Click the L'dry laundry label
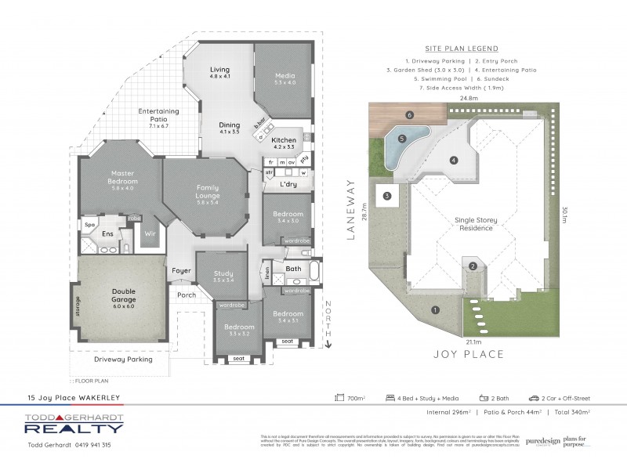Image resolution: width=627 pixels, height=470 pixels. click(x=288, y=184)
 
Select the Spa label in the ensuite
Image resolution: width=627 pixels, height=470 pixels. click(x=90, y=224)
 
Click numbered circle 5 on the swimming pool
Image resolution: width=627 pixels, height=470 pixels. click(x=402, y=139)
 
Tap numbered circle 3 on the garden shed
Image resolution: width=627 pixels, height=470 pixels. click(x=387, y=195)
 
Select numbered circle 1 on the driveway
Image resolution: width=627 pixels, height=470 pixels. click(x=434, y=310)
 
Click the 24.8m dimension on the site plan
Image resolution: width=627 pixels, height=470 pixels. click(x=469, y=99)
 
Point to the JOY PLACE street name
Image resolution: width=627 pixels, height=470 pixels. click(x=470, y=354)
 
